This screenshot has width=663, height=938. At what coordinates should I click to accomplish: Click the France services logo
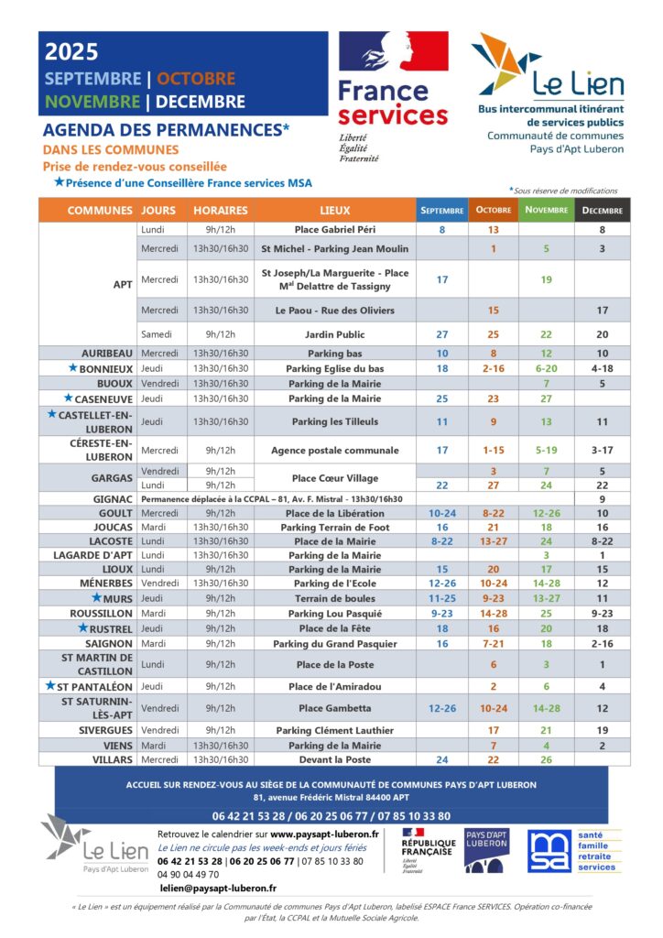tap(393, 92)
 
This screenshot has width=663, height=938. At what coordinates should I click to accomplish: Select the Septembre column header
tap(441, 211)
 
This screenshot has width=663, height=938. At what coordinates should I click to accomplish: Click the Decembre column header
tap(601, 211)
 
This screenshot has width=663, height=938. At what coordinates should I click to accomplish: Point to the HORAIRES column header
tap(220, 211)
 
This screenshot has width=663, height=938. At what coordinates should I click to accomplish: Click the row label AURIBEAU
tap(107, 353)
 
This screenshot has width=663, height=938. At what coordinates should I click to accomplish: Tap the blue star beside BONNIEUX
tap(72, 368)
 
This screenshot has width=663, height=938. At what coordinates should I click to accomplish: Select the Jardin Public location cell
tap(334, 334)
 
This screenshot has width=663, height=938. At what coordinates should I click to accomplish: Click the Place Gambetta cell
tap(334, 708)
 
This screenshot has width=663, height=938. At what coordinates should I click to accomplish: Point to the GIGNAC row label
tap(113, 499)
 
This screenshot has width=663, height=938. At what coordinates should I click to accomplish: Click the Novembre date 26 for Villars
tap(546, 759)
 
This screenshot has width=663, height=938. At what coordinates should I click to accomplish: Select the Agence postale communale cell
tap(334, 450)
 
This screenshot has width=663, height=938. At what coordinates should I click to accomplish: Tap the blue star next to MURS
tap(96, 597)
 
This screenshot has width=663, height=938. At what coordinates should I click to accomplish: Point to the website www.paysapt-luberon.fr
tap(324, 834)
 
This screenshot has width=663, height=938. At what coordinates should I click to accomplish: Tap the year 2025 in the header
tap(71, 53)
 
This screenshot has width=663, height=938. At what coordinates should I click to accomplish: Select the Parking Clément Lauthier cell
tap(334, 730)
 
